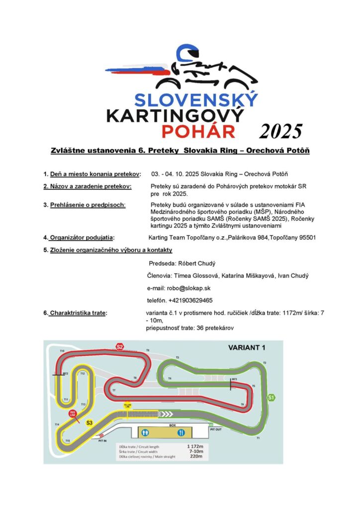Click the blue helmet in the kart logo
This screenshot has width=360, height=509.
(188, 54)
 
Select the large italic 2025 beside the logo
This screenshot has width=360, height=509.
(281, 131)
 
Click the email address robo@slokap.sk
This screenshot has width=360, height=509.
(179, 288)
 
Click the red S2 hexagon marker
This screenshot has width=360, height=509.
(119, 346)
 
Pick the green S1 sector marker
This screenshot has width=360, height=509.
(271, 397)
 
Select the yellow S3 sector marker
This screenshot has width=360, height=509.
(90, 423)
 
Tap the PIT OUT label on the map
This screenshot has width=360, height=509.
(216, 429)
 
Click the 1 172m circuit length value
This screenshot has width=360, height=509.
(195, 446)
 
